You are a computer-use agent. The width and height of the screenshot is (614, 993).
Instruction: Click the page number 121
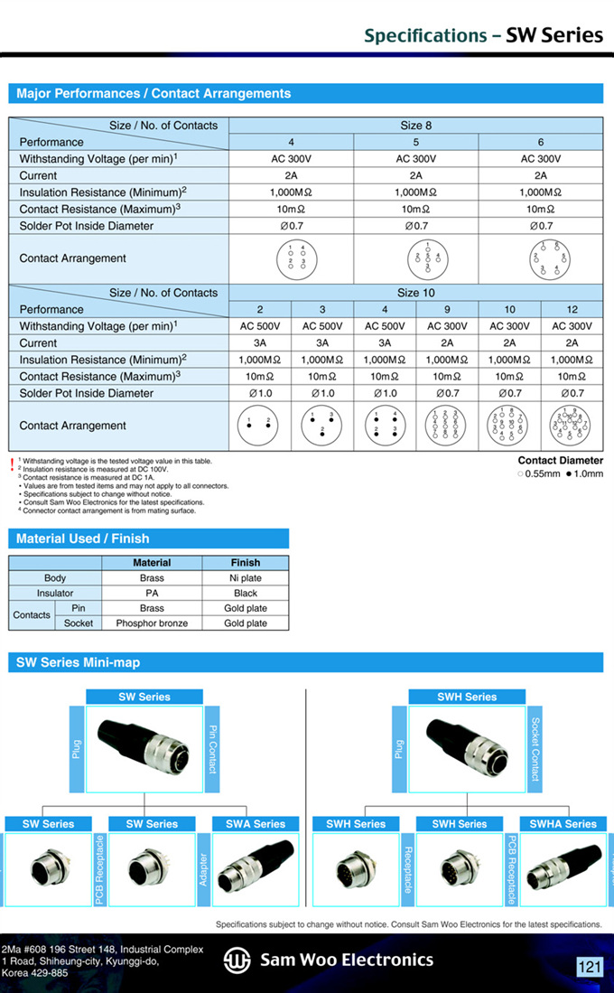point(589,967)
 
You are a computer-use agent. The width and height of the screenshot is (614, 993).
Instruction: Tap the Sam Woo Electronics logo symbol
point(237,960)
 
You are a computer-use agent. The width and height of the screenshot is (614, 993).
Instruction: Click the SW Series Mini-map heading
point(79,662)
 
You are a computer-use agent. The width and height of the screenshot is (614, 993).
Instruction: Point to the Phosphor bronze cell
point(152,623)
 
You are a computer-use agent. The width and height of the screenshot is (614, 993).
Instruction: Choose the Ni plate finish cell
point(246,577)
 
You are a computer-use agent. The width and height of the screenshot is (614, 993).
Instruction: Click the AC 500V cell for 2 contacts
point(259,326)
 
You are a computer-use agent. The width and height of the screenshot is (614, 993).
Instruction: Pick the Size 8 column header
point(415,126)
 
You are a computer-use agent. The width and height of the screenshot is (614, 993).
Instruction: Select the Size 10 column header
point(415,293)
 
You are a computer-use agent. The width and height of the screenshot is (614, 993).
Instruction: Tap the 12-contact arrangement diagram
point(572,425)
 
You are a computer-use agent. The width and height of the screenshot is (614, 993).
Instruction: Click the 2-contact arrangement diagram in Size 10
point(259,426)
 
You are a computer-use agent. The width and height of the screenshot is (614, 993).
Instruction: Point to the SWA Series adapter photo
point(256,868)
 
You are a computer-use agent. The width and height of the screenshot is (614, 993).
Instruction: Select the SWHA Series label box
point(563,824)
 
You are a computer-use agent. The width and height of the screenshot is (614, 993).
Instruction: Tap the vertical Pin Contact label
point(213,749)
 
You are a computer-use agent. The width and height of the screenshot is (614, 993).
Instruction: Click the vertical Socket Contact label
point(535,749)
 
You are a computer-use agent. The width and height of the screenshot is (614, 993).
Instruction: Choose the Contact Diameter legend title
point(560,461)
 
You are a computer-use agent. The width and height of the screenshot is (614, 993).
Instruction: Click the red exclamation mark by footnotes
point(12,464)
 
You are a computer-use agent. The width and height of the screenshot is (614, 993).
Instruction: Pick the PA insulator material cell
point(152,593)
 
